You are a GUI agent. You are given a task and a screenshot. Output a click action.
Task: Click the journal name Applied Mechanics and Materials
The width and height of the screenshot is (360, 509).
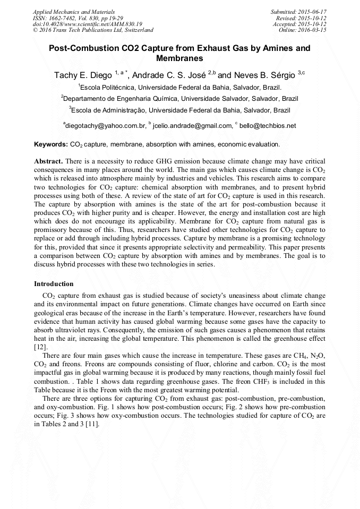coord(74,11)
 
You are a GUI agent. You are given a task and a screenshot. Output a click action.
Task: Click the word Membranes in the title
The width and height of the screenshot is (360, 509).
coord(179,58)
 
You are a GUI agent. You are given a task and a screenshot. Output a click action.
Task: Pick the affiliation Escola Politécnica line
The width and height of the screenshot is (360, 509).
coord(179,87)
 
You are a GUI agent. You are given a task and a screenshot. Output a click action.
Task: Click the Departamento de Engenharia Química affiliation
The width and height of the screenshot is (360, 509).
coord(179,99)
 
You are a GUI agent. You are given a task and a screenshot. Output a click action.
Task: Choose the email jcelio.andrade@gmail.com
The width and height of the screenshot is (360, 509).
coord(192,126)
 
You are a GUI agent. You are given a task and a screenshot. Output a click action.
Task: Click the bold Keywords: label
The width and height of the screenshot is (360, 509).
coord(51,144)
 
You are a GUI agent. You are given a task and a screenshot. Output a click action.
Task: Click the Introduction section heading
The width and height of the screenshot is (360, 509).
coord(54,284)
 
